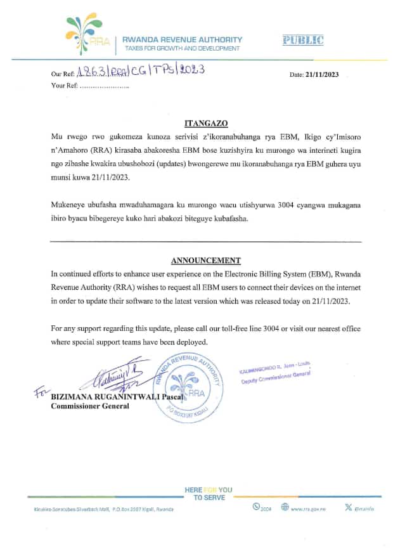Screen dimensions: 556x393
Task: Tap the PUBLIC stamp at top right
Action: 302,41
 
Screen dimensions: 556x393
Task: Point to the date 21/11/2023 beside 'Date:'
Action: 323,74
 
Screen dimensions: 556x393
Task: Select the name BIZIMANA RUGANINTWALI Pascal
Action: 117,397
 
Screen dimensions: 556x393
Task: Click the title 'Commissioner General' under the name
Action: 90,406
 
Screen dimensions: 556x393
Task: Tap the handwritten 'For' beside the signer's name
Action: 39,394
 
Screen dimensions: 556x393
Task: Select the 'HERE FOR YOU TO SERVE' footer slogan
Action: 208,494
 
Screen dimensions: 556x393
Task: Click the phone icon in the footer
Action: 256,507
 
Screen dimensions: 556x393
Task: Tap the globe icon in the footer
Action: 285,507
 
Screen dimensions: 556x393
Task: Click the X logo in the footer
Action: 347,507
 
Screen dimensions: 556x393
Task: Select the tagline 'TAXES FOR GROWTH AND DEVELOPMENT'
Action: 182,48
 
